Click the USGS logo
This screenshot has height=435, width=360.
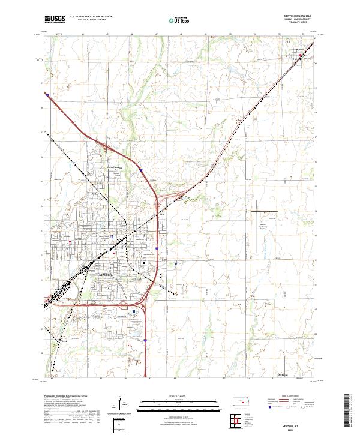point(55,19)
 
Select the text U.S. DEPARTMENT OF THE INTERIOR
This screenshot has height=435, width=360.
point(90,16)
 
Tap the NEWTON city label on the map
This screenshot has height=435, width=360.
point(105,273)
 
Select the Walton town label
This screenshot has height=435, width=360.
point(301,52)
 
